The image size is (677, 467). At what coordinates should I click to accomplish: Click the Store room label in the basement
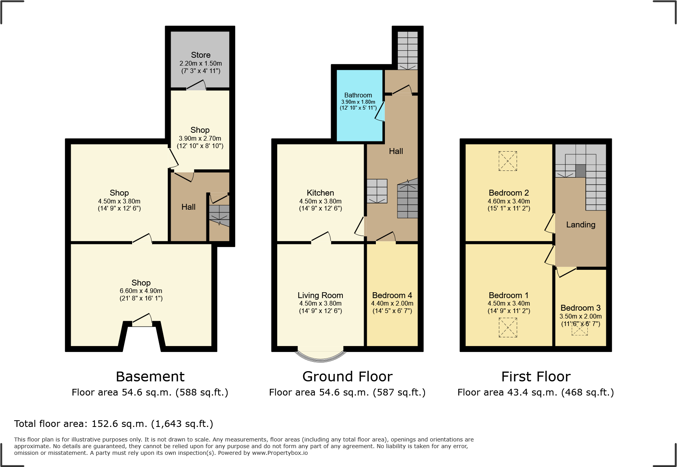[201, 55]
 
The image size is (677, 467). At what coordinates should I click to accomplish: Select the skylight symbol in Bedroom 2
[508, 161]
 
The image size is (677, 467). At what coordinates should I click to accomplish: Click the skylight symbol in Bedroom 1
[508, 327]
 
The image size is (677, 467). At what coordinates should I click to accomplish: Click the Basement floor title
[150, 377]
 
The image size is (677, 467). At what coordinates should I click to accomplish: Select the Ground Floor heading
[347, 377]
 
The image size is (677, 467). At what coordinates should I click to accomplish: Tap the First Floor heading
[535, 377]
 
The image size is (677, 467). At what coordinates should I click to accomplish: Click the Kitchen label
[320, 193]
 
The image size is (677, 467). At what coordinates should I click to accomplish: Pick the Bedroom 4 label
[392, 295]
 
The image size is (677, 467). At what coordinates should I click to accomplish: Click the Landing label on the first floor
[580, 225]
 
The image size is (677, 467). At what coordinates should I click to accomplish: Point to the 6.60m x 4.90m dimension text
[141, 291]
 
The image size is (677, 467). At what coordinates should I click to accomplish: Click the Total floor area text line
[114, 424]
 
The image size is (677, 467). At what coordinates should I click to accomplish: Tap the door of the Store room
[196, 86]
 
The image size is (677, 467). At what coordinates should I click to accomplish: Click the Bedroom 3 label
[580, 308]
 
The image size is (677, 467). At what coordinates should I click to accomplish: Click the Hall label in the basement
[188, 207]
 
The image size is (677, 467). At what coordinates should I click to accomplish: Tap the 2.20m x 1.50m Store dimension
[201, 63]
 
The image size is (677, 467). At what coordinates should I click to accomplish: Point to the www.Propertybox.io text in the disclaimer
[280, 453]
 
